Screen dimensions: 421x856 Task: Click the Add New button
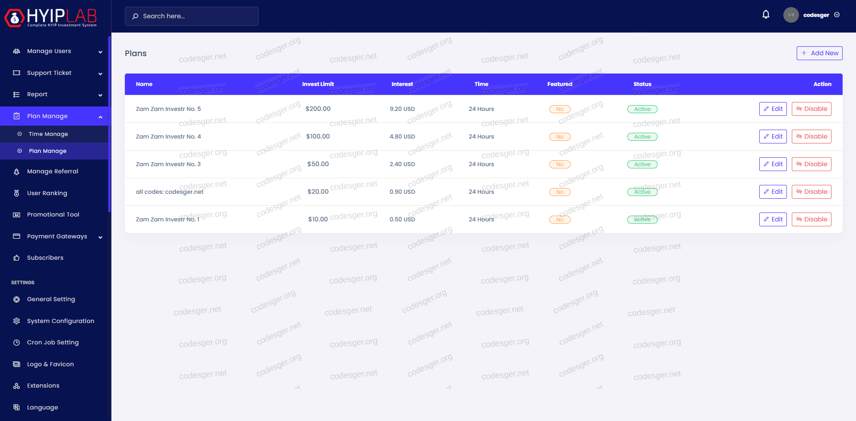819,53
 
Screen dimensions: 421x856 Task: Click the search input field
192,16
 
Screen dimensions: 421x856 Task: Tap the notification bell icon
765,15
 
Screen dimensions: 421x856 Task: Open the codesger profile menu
812,15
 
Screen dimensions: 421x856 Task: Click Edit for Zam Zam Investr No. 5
773,109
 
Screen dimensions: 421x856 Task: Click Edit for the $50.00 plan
773,164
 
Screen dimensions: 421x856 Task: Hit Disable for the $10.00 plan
811,219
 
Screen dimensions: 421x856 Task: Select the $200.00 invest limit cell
318,109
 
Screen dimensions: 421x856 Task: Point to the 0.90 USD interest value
402,192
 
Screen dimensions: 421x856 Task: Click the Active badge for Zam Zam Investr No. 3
642,164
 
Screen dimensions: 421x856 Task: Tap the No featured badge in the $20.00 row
560,192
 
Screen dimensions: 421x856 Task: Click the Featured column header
560,84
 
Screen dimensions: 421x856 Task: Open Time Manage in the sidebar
48,134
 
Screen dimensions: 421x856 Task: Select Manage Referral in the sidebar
53,172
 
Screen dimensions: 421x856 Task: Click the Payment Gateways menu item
57,237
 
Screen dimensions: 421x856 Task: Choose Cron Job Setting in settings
53,343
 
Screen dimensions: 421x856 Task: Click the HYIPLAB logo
51,17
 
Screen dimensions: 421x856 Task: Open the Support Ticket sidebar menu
49,73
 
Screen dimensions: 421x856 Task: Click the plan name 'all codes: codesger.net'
169,192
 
